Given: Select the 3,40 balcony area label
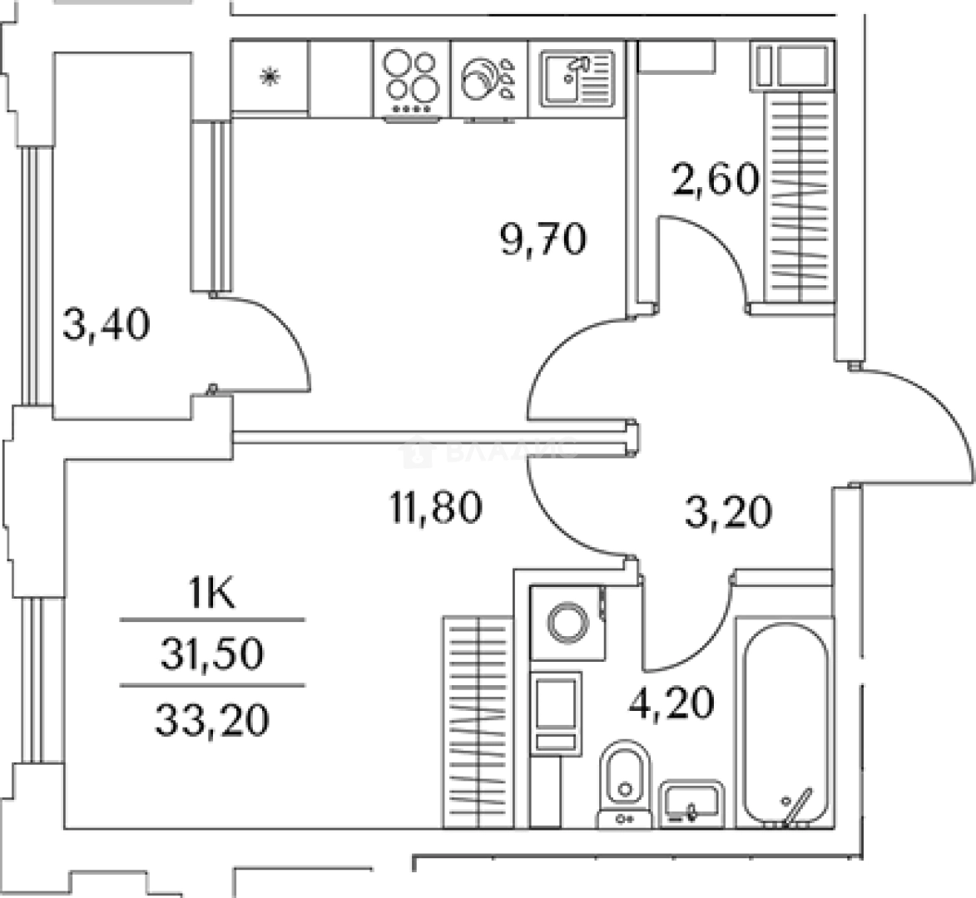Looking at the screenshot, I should pos(107,325).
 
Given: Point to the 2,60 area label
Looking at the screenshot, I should pos(716,179).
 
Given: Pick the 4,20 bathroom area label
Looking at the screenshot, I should pos(671,703).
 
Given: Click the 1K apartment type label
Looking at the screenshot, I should pos(212,596).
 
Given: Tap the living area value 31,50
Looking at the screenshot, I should pos(212,654).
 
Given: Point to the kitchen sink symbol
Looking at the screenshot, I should pos(577,78).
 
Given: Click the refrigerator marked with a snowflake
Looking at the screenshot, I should pos(270,77).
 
